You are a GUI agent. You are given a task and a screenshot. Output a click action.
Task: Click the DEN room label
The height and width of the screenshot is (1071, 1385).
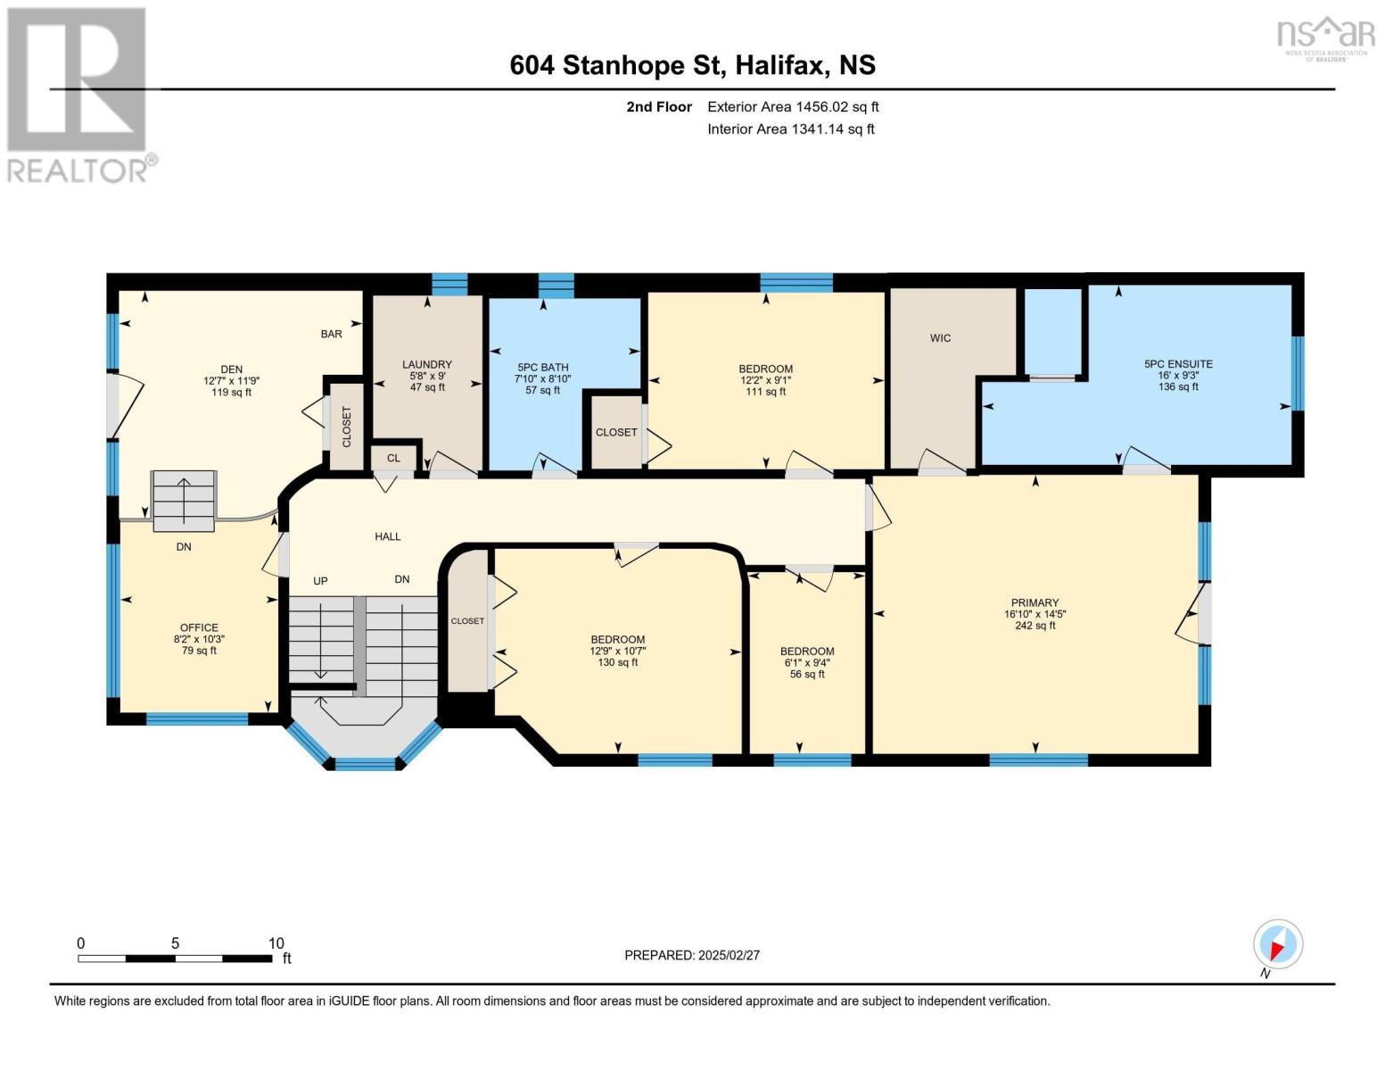point(231,369)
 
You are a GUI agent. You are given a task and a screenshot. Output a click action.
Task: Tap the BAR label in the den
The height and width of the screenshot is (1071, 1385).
point(332,334)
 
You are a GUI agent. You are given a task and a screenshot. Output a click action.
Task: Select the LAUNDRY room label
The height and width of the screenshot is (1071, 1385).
point(427,364)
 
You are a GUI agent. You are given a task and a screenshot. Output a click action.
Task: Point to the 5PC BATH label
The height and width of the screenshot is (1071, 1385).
point(542,368)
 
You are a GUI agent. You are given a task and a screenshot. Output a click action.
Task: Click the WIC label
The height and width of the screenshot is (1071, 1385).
point(940,338)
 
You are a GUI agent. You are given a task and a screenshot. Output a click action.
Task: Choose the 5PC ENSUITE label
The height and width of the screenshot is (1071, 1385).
point(1178,363)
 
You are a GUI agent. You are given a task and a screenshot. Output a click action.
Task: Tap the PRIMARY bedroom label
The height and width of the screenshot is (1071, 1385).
point(1035,602)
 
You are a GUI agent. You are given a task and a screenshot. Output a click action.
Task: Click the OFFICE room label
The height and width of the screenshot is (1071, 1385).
point(199,627)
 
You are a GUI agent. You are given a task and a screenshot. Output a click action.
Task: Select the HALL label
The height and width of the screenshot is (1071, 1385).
point(388,536)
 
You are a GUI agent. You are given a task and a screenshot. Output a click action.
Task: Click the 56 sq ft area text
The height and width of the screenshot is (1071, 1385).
point(807,674)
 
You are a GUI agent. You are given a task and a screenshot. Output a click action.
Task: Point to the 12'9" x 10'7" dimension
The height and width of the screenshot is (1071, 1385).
point(618,651)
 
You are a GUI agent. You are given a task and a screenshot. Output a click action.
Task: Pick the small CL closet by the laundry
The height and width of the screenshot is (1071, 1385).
point(393,458)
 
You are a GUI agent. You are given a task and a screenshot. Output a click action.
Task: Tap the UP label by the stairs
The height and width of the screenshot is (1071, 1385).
point(320,581)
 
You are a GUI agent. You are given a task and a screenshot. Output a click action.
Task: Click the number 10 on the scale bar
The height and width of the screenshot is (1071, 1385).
point(276,942)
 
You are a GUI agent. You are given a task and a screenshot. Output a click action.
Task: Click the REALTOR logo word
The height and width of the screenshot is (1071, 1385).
point(78,171)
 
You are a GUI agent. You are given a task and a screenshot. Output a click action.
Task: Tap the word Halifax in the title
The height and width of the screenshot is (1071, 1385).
point(779,65)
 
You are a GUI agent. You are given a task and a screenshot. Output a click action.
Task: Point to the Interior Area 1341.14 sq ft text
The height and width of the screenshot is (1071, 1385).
point(791,129)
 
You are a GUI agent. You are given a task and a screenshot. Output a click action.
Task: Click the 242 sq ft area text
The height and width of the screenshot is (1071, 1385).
point(1035,625)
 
